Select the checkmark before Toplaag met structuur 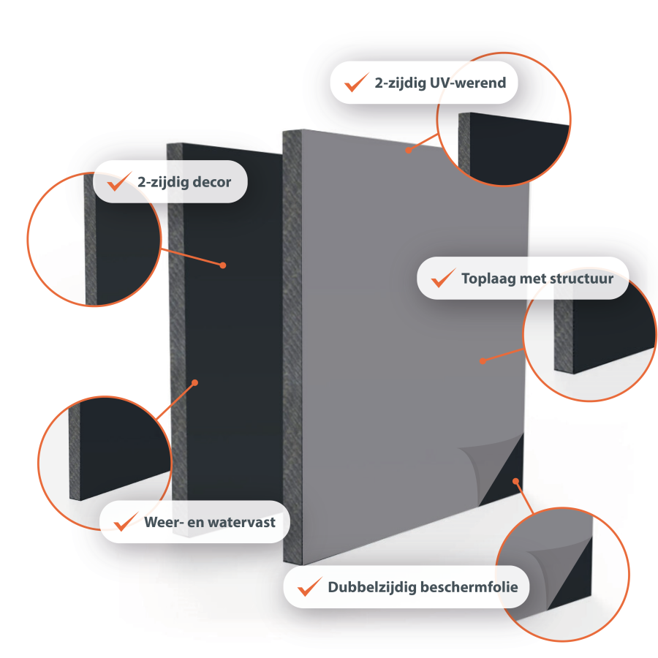tap(443, 278)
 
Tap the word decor tap(211, 181)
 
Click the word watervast tap(246, 522)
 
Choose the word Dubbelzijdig tap(371, 587)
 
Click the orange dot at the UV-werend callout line tap(408, 151)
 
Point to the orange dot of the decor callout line tap(224, 265)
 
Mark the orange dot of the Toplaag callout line tap(483, 360)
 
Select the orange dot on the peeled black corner tap(516, 480)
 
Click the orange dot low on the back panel tap(195, 381)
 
